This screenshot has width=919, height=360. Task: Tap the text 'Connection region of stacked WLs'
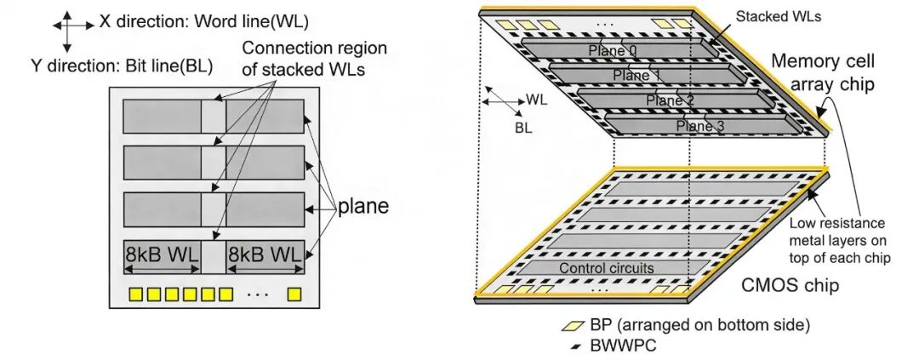(314, 60)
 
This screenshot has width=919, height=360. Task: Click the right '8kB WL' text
(265, 256)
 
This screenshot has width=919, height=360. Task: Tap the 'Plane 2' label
(670, 101)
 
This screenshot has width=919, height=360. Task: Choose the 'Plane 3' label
(701, 127)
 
